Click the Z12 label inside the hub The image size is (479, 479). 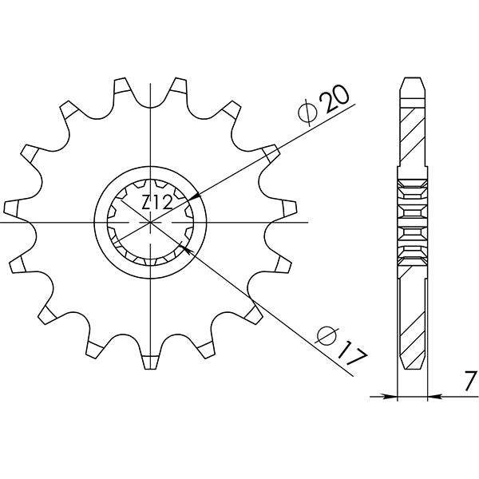click(x=156, y=204)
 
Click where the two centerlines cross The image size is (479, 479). click(x=151, y=223)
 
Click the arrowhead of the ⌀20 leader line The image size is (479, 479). click(x=193, y=196)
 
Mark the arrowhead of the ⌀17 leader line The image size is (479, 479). click(x=188, y=250)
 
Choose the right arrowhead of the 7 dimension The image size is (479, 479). click(x=432, y=395)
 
